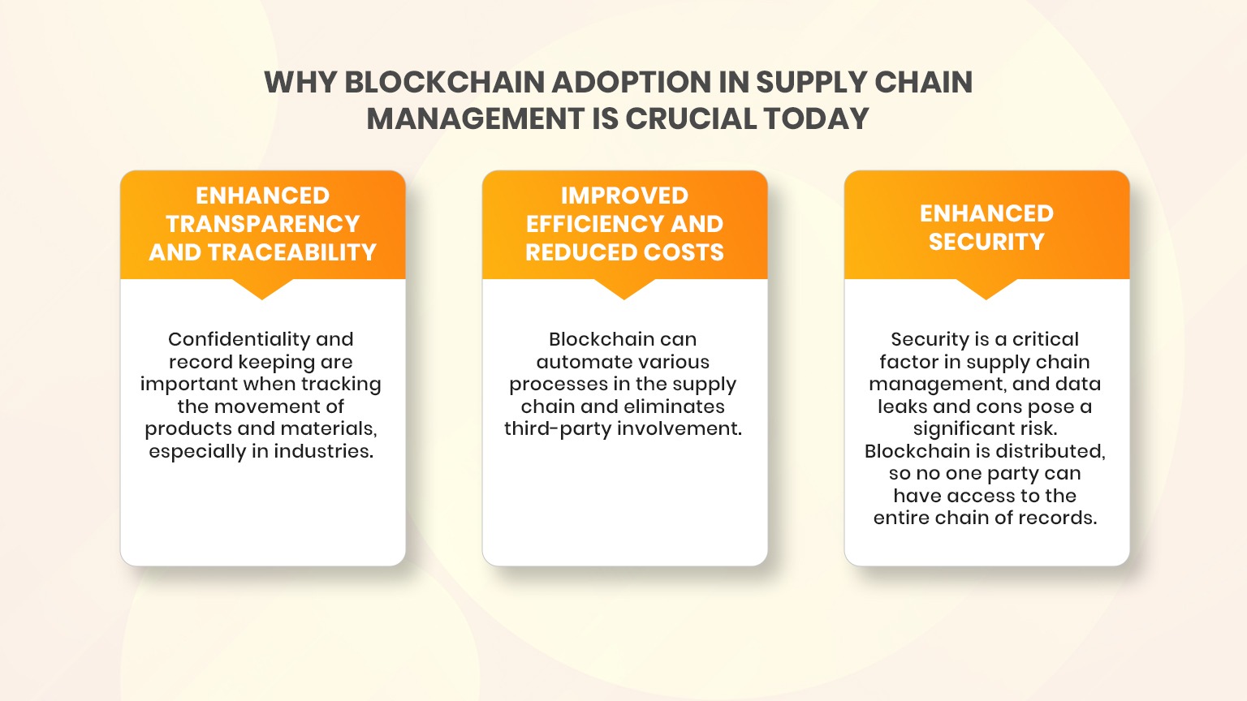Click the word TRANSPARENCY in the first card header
(262, 224)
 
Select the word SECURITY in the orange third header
(986, 242)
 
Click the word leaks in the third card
(902, 406)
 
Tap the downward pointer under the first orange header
(262, 290)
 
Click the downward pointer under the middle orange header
(624, 290)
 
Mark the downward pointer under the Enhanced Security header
(986, 290)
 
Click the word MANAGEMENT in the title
(475, 119)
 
